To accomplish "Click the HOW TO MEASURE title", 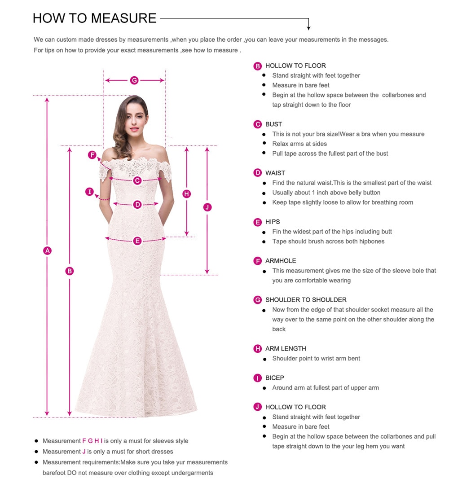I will point(95,18).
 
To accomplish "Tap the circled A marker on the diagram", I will point(47,250).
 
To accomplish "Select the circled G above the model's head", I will point(134,80).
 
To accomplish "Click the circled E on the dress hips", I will point(137,241).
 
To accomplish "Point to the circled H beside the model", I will point(187,194).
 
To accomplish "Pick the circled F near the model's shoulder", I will point(92,155).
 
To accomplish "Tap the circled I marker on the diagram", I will point(90,192).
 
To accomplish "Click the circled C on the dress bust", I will point(137,180).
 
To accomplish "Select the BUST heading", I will point(273,124).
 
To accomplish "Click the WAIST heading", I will point(275,173).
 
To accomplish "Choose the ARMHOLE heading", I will point(281,261).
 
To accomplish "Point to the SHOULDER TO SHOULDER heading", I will point(306,300).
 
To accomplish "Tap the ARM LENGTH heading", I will point(286,349).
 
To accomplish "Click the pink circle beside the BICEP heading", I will point(258,378).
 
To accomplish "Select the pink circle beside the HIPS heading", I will point(258,222).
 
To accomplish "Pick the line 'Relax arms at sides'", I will point(299,144).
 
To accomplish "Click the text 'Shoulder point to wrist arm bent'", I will point(316,359).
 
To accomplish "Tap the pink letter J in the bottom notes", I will point(84,452).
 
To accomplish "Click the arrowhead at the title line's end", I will point(308,28).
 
